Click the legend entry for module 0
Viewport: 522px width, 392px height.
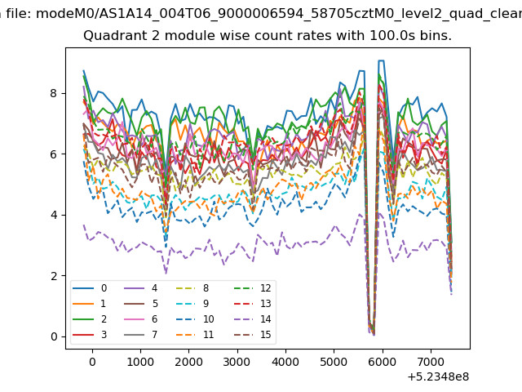(90, 288)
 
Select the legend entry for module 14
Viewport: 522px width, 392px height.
(255, 319)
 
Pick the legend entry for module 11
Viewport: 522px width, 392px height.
(195, 334)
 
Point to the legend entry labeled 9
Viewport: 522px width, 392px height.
(192, 304)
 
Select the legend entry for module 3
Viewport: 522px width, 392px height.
(90, 334)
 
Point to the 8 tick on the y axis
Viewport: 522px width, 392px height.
(54, 93)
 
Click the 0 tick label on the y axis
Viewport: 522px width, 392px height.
(54, 336)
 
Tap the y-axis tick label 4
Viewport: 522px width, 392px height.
(54, 215)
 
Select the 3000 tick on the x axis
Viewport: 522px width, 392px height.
(237, 362)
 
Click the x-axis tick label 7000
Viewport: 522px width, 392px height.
(431, 362)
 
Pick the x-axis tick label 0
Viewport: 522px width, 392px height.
(92, 362)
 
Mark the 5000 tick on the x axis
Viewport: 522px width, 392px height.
(334, 362)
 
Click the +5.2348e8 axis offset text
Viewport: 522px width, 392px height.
(438, 377)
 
